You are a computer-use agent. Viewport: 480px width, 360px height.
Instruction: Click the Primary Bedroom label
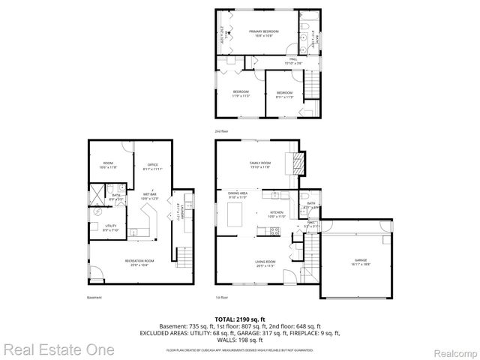pyautogui.click(x=263, y=32)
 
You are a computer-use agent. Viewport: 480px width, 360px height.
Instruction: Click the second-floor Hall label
pyautogui.click(x=293, y=61)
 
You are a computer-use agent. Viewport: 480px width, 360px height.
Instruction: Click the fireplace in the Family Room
pyautogui.click(x=301, y=162)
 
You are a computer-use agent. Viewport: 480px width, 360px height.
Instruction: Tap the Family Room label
pyautogui.click(x=260, y=164)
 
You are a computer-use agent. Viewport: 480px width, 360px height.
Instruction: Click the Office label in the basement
pyautogui.click(x=152, y=166)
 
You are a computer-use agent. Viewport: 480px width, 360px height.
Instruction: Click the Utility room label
pyautogui.click(x=109, y=227)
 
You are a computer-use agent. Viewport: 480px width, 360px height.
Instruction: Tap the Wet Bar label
pyautogui.click(x=150, y=196)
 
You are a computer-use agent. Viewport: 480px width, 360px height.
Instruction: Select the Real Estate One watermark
pyautogui.click(x=58, y=349)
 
